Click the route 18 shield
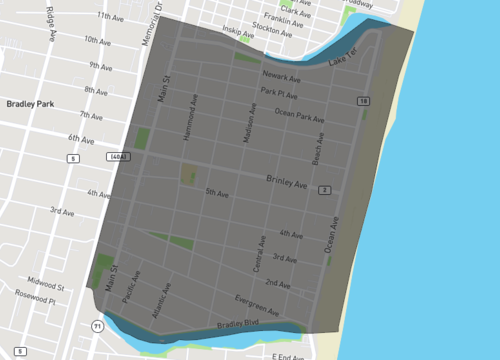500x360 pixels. (x=363, y=102)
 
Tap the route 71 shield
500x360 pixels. (x=97, y=326)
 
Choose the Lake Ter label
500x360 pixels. (x=341, y=59)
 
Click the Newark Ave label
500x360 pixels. (x=282, y=76)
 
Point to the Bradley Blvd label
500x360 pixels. (x=237, y=324)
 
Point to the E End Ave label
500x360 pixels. (x=290, y=355)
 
